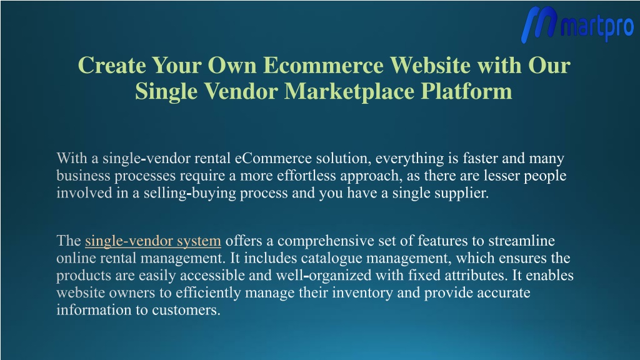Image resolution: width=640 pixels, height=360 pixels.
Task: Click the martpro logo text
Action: (597, 26)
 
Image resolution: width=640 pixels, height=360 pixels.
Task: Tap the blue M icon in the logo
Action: (539, 24)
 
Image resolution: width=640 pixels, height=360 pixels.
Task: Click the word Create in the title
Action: (112, 65)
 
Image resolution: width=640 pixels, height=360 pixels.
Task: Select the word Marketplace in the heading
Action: (349, 91)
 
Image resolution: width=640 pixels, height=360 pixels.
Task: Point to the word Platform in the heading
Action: (466, 91)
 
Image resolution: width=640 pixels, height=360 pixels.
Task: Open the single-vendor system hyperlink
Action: (153, 241)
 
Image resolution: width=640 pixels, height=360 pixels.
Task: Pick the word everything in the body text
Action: (410, 158)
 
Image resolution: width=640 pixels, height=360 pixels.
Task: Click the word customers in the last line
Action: (186, 310)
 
